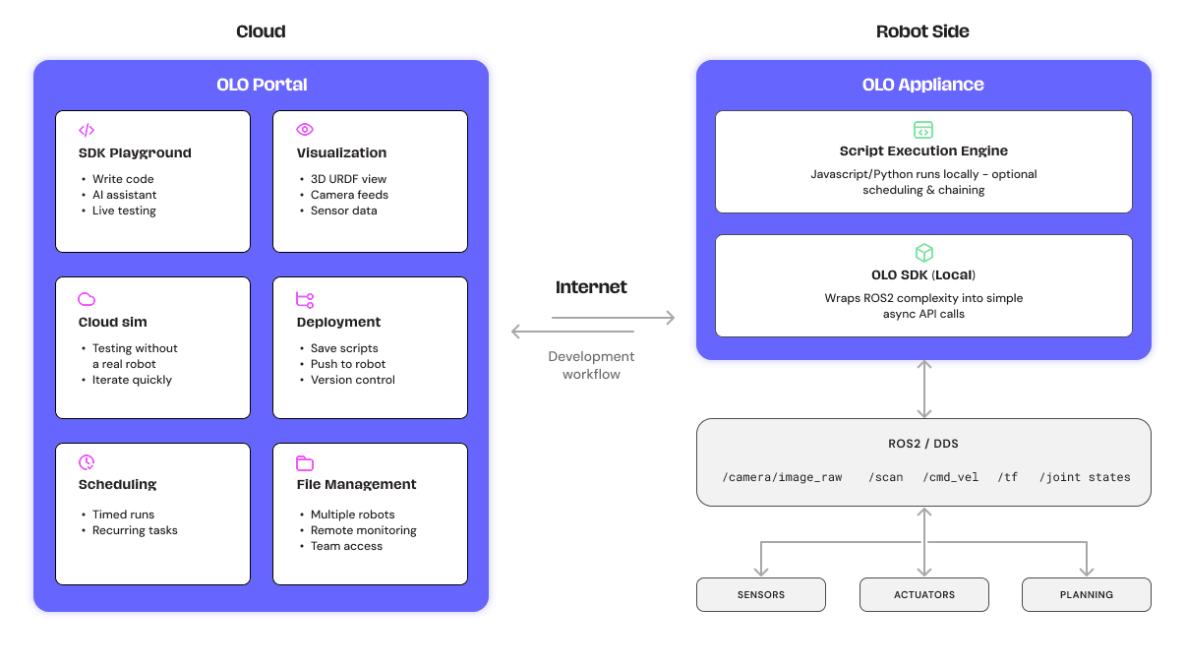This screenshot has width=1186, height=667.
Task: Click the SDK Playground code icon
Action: pos(87,130)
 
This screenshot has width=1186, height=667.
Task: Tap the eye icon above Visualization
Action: pos(305,130)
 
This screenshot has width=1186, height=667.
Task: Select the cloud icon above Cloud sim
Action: pos(87,299)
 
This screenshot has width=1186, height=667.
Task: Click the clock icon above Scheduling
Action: pos(87,462)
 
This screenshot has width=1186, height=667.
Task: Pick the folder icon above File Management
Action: pos(305,463)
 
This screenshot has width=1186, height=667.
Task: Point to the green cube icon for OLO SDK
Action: pos(923,253)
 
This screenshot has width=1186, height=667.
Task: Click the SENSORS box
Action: pos(761,595)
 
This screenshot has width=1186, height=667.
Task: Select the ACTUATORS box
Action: pos(924,595)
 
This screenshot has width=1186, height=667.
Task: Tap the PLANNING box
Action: pos(1087,595)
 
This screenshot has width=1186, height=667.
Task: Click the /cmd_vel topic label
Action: pos(951,477)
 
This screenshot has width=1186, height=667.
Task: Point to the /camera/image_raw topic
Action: pos(782,477)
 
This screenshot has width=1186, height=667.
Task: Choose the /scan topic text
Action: pos(885,477)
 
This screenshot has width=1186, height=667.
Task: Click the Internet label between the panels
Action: pos(591,287)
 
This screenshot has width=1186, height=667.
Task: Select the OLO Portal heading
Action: pos(262,85)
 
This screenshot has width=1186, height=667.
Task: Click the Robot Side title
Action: pos(922,31)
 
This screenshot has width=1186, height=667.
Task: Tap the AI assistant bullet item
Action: pos(124,195)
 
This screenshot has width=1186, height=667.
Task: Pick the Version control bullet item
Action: pos(352,380)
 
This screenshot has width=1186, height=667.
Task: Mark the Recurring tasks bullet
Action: pos(135,530)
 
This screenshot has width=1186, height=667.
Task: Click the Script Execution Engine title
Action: pos(923,152)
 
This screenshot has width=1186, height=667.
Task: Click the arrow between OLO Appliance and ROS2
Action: pos(923,390)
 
